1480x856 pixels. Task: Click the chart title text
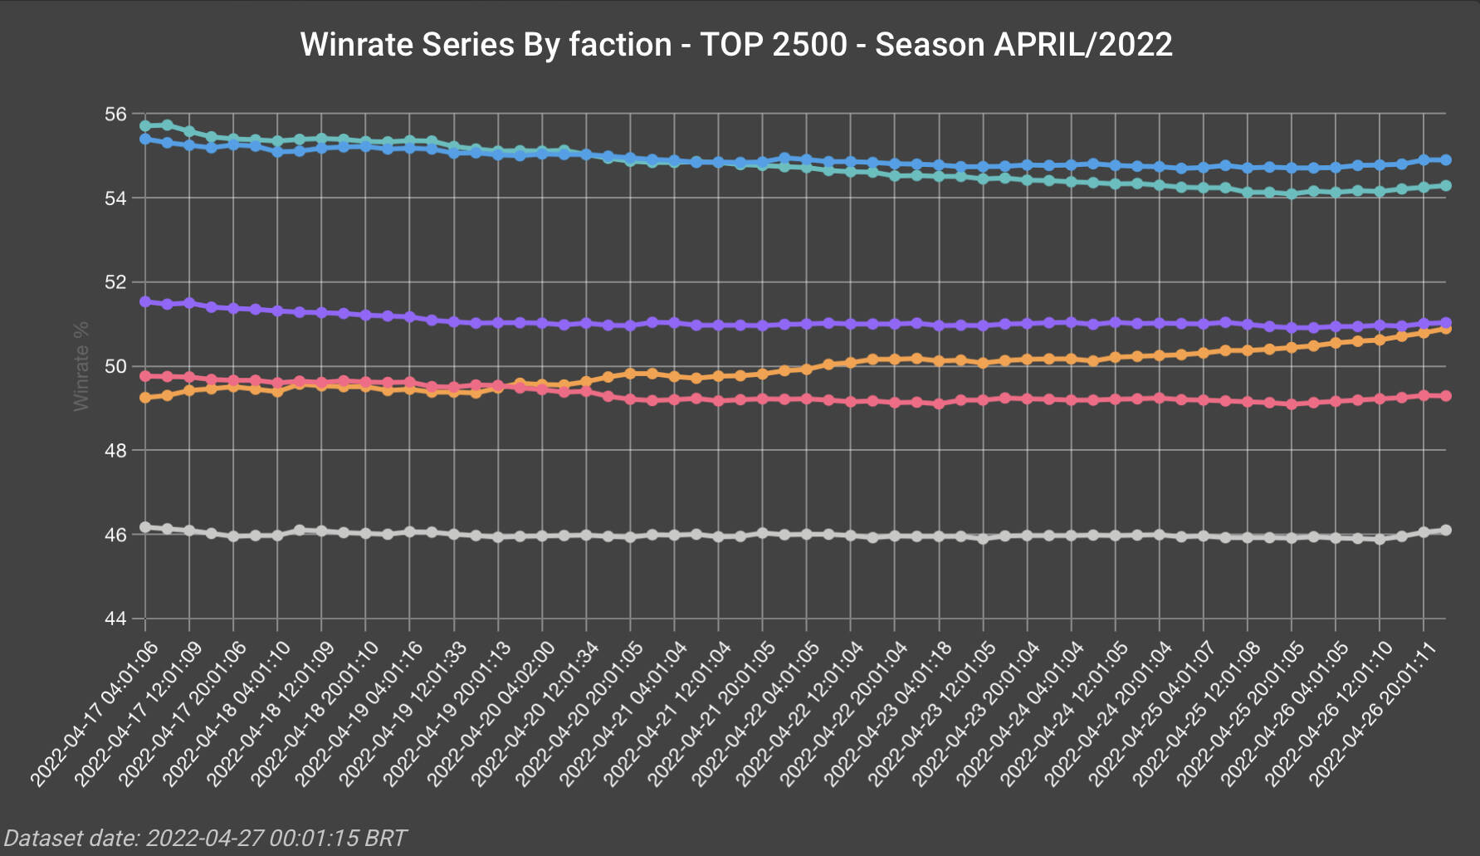(736, 45)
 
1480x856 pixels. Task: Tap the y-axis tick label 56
(117, 114)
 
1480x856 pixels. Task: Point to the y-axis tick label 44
(117, 619)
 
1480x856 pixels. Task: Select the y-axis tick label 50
(117, 366)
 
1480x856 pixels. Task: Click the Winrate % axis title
(81, 366)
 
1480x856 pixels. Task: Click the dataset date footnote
(205, 838)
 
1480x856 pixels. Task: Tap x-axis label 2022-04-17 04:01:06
(95, 713)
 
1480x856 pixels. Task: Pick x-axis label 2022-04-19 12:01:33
(405, 713)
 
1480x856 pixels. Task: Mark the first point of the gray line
(145, 527)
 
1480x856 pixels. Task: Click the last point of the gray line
(1446, 530)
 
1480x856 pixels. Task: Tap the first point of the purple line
(145, 301)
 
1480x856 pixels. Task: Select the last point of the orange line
(1446, 329)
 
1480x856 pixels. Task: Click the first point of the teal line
(145, 125)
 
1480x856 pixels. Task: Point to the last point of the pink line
(1446, 396)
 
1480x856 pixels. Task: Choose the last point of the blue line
(1446, 159)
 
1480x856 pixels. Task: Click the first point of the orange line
(145, 398)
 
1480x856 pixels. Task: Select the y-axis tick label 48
(117, 451)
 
